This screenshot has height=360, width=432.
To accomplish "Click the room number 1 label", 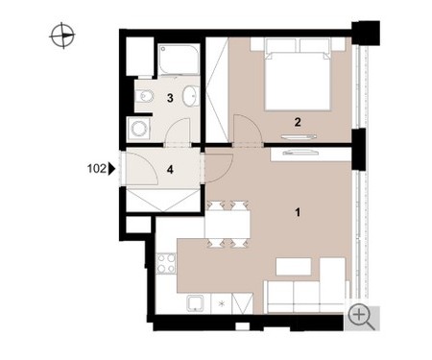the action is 298,212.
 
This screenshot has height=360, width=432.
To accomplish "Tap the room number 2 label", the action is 298,122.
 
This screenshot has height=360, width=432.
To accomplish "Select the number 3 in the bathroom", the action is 170,98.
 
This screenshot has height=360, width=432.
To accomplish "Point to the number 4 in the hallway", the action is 170,169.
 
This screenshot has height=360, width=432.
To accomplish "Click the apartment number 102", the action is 97,168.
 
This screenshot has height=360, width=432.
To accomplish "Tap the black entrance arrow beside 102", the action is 111,169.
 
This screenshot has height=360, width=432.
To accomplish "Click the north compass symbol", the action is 62,36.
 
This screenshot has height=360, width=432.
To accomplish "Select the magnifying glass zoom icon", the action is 361,318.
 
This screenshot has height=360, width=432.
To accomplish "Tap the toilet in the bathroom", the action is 144,96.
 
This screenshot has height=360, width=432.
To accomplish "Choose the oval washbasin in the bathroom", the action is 191,96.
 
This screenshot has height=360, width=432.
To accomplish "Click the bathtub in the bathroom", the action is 179,60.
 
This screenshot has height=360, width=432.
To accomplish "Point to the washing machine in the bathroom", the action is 139,129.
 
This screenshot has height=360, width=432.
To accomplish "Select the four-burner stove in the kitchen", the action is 166,263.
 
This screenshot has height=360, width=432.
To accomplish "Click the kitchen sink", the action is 196,303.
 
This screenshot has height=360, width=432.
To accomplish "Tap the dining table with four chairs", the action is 228,224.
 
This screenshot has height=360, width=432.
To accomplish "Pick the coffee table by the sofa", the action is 294,267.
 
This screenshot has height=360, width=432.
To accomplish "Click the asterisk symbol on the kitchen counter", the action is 222,303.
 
